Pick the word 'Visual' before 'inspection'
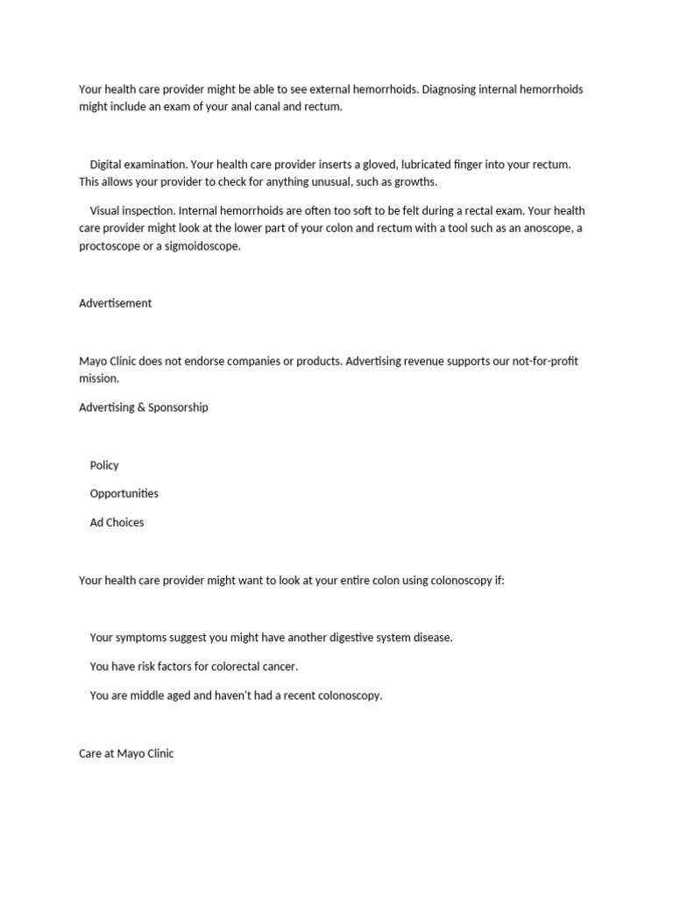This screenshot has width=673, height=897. click(106, 211)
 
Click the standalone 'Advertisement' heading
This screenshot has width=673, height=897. click(115, 303)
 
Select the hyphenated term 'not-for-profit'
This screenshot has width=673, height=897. click(542, 362)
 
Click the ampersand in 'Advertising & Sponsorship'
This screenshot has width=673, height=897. click(142, 407)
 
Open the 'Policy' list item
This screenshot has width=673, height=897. click(104, 465)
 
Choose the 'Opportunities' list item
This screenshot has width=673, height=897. click(124, 494)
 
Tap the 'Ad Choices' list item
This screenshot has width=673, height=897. click(117, 523)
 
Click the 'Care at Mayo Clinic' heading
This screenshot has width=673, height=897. click(126, 753)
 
